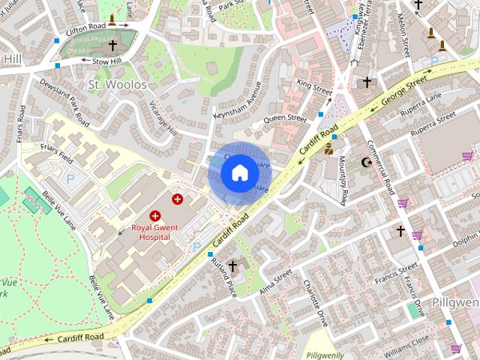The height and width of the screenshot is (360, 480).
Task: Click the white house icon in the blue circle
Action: (x=238, y=173)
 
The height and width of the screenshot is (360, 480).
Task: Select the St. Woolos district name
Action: (x=118, y=85)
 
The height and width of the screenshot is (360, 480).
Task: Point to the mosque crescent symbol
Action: (x=367, y=162)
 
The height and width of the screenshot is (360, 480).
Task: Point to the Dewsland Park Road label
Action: (x=64, y=103)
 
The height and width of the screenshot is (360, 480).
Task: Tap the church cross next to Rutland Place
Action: (x=233, y=265)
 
